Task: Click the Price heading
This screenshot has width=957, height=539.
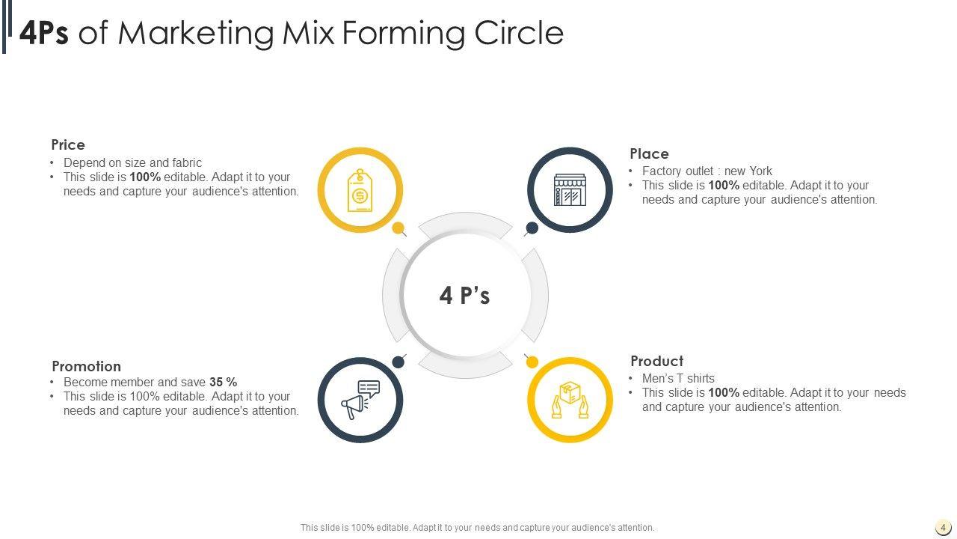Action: click(68, 144)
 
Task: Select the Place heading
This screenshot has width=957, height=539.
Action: click(649, 153)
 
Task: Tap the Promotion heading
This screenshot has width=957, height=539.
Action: click(86, 366)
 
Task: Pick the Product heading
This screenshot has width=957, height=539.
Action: click(656, 361)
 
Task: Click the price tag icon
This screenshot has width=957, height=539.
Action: click(360, 190)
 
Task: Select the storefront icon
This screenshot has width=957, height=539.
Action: click(570, 190)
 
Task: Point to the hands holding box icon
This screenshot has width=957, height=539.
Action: click(570, 400)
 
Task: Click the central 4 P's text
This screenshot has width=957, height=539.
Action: click(464, 296)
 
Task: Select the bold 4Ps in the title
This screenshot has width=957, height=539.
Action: click(44, 34)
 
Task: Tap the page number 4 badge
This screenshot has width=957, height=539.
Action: click(943, 527)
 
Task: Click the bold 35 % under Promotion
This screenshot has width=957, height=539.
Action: click(223, 382)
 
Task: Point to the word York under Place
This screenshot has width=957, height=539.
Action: click(760, 171)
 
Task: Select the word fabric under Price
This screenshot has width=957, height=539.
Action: click(185, 162)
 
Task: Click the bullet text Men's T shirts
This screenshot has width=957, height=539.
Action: click(678, 378)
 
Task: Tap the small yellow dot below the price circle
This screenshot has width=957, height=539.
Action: click(399, 228)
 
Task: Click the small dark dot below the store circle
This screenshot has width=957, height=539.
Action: click(532, 228)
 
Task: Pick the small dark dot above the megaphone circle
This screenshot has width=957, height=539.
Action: click(399, 362)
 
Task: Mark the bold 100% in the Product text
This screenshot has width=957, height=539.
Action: click(724, 392)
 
